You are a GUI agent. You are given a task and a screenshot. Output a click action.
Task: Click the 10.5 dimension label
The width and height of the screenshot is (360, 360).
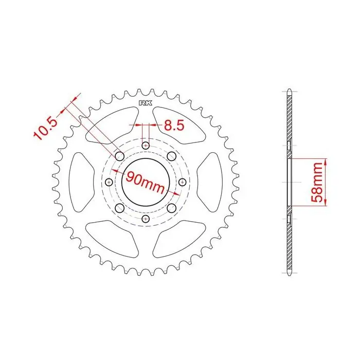click(x=45, y=129)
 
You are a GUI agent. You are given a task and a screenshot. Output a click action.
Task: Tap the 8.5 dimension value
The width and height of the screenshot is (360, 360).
click(x=174, y=125)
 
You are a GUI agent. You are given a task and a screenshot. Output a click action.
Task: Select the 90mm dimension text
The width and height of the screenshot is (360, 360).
click(x=145, y=182)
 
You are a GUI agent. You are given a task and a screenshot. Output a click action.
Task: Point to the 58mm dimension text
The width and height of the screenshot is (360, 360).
click(x=317, y=182)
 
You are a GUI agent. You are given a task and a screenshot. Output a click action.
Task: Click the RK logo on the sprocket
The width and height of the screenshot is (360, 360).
click(x=146, y=103)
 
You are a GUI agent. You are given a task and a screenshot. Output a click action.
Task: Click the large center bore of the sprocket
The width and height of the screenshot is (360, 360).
click(x=146, y=182)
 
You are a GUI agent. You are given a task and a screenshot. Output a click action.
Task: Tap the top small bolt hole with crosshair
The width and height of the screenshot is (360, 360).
click(x=146, y=146)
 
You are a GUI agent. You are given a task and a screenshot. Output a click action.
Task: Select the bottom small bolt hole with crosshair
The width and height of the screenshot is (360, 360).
click(x=146, y=219)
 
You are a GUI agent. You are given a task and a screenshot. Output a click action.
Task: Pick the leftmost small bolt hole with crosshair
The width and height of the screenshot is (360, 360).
click(x=109, y=182)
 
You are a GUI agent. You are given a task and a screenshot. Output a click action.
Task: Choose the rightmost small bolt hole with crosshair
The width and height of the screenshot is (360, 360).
click(x=182, y=182)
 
